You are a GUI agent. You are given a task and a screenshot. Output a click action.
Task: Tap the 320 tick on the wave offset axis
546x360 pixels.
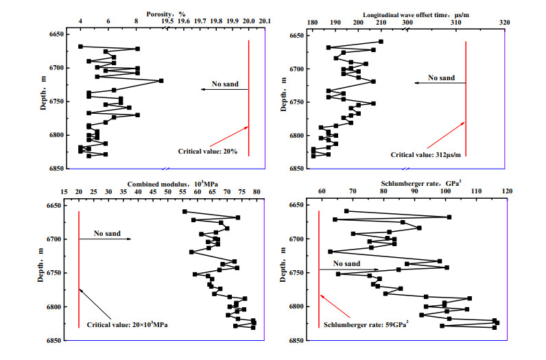point(505,23)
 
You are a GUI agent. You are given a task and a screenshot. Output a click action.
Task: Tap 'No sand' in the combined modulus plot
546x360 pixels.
point(107,233)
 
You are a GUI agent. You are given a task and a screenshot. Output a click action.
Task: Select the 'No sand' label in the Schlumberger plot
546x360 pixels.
point(347,263)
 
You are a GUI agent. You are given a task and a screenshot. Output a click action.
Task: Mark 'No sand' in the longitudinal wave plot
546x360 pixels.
point(441,77)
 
